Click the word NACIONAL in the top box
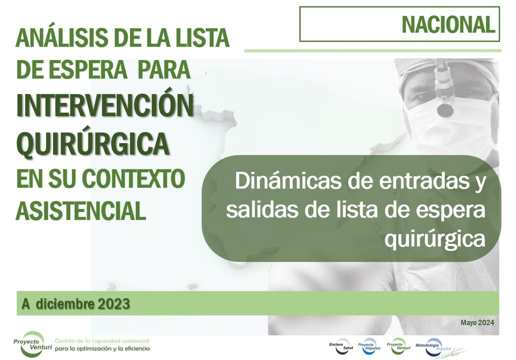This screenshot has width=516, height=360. (x=448, y=24)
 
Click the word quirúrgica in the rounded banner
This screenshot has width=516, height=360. (x=435, y=239)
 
